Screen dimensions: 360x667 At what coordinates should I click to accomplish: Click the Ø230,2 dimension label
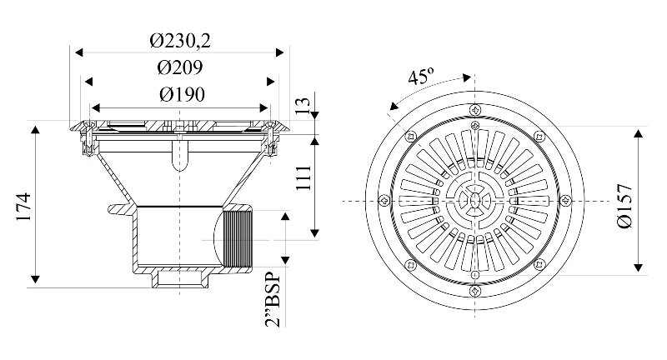pos(181,38)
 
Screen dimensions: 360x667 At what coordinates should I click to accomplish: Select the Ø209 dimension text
pos(181,66)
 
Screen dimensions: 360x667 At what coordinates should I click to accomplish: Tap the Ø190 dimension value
pos(181,93)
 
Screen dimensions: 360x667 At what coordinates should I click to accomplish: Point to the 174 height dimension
pos(23,205)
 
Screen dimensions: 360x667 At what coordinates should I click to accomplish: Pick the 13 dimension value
pos(303,106)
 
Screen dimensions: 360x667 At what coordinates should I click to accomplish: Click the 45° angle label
pos(421,77)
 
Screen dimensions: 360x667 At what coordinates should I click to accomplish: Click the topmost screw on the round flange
pos(474,110)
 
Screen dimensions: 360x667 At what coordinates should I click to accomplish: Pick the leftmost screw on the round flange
pos(384,201)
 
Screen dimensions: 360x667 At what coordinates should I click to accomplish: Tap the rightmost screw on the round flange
pos(565,201)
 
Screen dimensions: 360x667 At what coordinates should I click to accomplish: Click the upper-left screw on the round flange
pos(409,137)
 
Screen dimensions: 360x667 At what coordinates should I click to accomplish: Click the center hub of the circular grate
pos(474,201)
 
